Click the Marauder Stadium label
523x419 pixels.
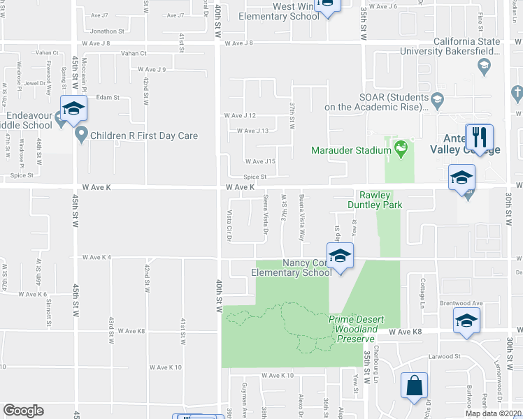351,150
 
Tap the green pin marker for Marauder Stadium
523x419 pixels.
401,148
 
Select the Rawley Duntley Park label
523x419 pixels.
378,200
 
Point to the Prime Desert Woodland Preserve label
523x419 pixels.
357,328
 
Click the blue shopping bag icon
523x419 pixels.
415,385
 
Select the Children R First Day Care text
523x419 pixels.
143,136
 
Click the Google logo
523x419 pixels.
23,411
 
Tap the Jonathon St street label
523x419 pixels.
107,31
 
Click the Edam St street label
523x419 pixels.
108,97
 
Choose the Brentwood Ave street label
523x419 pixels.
461,303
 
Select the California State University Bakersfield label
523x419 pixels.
450,46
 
